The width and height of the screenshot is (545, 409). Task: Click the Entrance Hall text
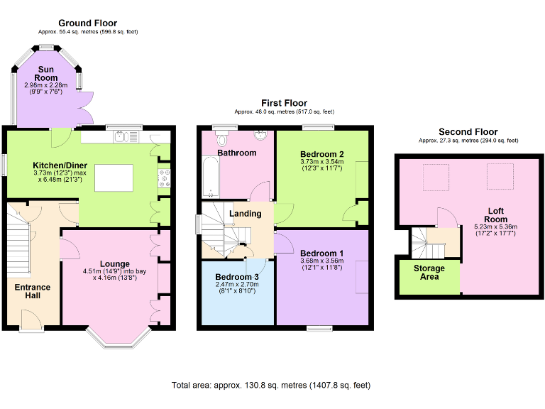tap(33, 292)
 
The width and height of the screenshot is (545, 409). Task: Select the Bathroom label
tap(237, 153)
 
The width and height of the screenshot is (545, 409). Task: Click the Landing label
tap(245, 213)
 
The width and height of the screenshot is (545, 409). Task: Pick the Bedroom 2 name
tap(321, 154)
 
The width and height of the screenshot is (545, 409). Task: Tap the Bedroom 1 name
tap(321, 253)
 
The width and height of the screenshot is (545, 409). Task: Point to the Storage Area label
tap(429, 272)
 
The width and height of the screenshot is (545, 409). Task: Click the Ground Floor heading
tap(88, 23)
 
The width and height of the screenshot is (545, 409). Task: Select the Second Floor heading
tap(468, 132)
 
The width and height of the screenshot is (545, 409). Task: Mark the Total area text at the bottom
tap(271, 386)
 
